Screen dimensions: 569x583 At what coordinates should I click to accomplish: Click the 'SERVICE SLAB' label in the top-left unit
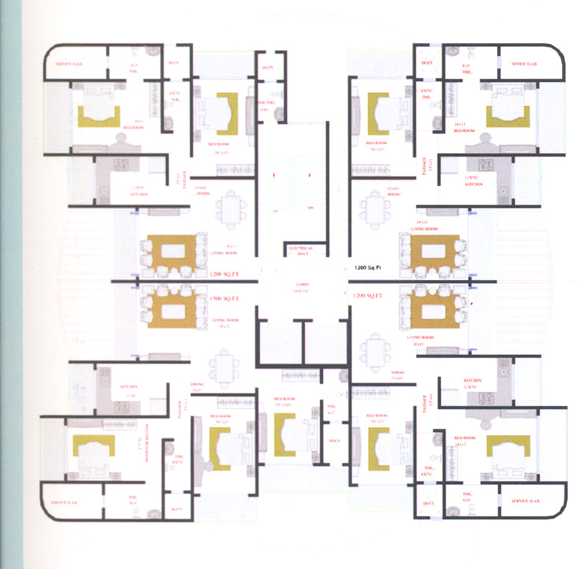73,65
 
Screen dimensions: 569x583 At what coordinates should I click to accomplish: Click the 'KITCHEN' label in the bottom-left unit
129,386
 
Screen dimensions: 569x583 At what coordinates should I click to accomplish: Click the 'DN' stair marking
309,208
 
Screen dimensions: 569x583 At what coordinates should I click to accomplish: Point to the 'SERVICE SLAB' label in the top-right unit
525,64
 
